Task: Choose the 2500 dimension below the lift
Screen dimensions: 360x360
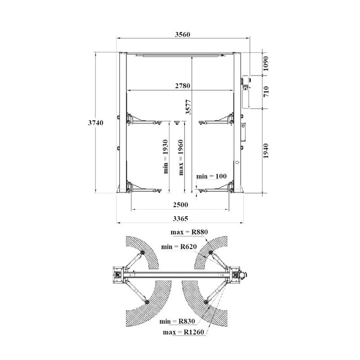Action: (180, 204)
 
